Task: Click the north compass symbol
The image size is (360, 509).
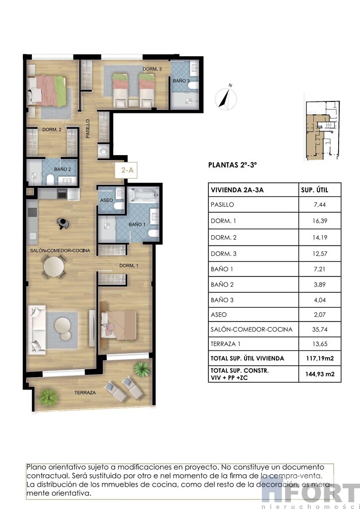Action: (x=226, y=97)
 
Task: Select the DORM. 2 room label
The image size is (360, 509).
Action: (x=52, y=130)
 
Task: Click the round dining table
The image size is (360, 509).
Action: (x=54, y=267)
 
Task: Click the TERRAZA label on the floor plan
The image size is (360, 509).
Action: (x=85, y=393)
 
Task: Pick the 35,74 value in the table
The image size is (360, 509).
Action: (x=320, y=329)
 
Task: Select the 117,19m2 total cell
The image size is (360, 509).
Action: (x=320, y=359)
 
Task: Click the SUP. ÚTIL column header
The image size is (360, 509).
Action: (x=315, y=190)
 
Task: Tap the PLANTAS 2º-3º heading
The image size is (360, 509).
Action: (x=232, y=165)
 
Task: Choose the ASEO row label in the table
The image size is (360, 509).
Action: (x=219, y=315)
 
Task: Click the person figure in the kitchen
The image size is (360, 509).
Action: (x=62, y=223)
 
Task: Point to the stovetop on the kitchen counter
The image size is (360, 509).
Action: (x=32, y=212)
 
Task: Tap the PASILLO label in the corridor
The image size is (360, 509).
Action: (x=88, y=129)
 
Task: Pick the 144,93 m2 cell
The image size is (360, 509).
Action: (x=320, y=374)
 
